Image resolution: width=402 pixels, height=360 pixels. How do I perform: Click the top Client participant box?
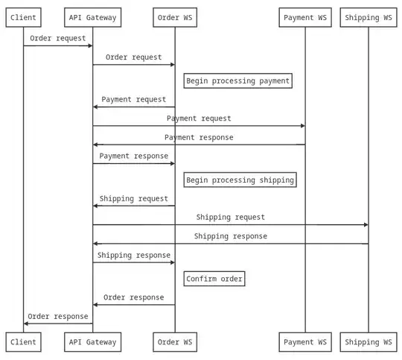[x=23, y=17]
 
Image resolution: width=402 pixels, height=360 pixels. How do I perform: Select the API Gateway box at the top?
[x=92, y=17]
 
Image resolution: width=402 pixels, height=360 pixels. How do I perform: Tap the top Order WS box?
[x=175, y=17]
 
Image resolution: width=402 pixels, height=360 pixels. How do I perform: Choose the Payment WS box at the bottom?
[x=304, y=342]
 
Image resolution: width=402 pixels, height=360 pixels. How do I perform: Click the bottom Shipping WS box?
[x=368, y=342]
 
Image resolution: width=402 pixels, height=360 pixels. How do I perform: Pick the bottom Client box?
[x=23, y=342]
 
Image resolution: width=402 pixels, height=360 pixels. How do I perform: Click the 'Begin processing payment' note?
[x=237, y=80]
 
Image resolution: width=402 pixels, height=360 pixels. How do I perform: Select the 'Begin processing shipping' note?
[x=240, y=180]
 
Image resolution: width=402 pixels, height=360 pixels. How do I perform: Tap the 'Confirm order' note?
[x=214, y=279]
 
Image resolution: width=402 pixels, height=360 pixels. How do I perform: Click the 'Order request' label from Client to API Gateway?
[x=57, y=38]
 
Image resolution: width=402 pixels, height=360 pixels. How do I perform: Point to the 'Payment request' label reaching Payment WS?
[x=199, y=119]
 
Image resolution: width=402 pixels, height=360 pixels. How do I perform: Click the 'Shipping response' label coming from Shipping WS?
[x=230, y=236]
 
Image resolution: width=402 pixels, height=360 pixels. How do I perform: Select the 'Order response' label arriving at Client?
[x=57, y=316]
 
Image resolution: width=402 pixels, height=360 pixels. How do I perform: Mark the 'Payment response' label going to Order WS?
[x=134, y=157]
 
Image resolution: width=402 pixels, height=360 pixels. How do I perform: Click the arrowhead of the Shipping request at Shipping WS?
[x=365, y=224]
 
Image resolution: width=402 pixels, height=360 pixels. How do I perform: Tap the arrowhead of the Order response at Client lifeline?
[x=27, y=323]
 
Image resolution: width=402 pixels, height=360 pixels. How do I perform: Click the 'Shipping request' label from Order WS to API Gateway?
[x=134, y=199]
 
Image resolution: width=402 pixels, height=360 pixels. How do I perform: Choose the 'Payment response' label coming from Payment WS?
[x=199, y=137]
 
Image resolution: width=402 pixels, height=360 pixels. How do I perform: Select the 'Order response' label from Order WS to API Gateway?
[x=134, y=297]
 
